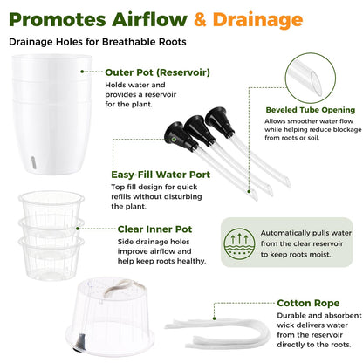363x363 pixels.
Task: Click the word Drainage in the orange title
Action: click(x=257, y=20)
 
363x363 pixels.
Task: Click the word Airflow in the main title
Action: click(x=149, y=19)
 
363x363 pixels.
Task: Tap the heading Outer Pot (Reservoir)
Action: click(x=157, y=72)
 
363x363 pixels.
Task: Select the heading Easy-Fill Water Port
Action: click(x=161, y=175)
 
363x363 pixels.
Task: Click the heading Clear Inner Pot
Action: click(x=154, y=229)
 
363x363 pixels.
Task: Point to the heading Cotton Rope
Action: click(x=308, y=303)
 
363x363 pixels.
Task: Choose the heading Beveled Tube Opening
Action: click(x=311, y=110)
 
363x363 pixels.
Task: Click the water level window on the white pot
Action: click(x=33, y=162)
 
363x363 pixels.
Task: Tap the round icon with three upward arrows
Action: click(x=239, y=244)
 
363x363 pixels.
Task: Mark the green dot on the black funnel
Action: click(x=174, y=140)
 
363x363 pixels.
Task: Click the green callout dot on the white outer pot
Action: click(x=82, y=72)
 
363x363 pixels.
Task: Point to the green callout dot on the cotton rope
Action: click(x=214, y=318)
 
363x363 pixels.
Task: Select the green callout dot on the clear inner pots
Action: click(x=78, y=229)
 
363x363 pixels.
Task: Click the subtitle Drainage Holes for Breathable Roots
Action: click(x=98, y=42)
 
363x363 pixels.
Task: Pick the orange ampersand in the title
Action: click(x=200, y=20)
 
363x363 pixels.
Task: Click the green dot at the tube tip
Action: click(x=249, y=191)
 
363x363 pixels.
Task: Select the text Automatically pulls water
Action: click(x=306, y=233)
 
